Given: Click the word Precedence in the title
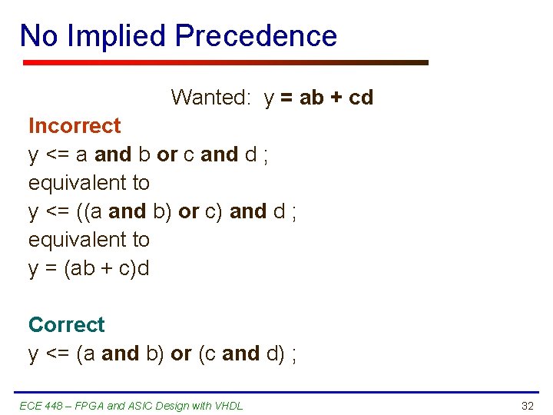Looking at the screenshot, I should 256,36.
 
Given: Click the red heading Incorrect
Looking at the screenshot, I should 75,126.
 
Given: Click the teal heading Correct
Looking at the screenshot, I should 67,325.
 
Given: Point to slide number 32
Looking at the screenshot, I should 527,406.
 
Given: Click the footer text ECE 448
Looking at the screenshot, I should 38,406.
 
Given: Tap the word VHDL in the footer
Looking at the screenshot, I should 227,406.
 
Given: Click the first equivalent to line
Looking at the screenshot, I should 89,183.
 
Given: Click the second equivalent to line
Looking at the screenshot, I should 89,240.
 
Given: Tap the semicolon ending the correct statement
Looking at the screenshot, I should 294,354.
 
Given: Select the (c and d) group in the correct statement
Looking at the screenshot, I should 240,354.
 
